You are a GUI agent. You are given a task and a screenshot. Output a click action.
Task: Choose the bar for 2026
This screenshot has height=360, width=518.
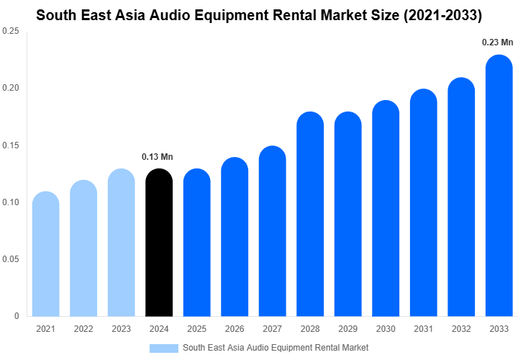(235, 237)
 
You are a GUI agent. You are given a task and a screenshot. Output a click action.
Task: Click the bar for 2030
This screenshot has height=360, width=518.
(386, 209)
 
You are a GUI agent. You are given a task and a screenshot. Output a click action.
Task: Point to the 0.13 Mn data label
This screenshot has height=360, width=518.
(158, 157)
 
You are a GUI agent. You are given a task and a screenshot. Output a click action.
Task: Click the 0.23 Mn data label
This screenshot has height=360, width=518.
(497, 43)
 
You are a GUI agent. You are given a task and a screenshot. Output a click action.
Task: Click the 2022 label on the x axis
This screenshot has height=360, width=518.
(83, 329)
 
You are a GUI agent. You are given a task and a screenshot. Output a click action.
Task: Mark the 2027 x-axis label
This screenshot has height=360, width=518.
(273, 329)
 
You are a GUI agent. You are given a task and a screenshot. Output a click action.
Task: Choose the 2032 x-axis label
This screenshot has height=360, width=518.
(461, 329)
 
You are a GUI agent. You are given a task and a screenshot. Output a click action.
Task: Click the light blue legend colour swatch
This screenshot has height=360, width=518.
(163, 348)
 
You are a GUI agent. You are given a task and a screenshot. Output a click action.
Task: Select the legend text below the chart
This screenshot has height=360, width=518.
(276, 348)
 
